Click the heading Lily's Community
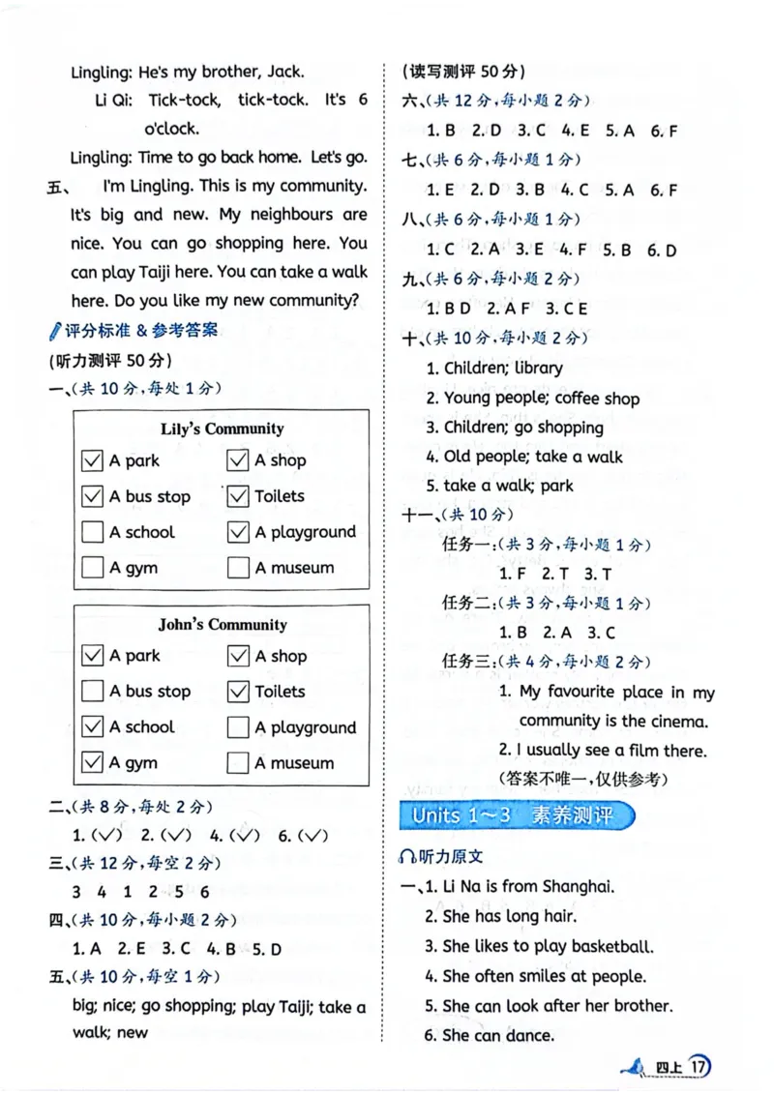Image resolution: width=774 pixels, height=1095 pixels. pyautogui.click(x=222, y=429)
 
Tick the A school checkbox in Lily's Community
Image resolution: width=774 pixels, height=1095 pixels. pyautogui.click(x=92, y=532)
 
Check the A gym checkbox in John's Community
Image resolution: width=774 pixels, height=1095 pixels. pyautogui.click(x=92, y=762)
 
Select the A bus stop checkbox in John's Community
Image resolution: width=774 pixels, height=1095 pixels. pyautogui.click(x=92, y=692)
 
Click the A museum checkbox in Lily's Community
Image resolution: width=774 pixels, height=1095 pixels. pyautogui.click(x=238, y=568)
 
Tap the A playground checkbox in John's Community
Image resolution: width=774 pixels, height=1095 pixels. pyautogui.click(x=238, y=727)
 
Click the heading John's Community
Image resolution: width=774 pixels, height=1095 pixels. pyautogui.click(x=222, y=624)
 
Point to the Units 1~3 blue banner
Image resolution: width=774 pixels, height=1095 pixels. pyautogui.click(x=517, y=814)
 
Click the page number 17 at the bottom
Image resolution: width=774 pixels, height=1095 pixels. pyautogui.click(x=699, y=1067)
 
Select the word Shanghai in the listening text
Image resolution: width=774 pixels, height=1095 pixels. pyautogui.click(x=578, y=885)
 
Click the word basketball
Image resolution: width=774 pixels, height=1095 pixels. pyautogui.click(x=612, y=946)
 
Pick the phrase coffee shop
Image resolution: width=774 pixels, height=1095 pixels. pyautogui.click(x=597, y=398)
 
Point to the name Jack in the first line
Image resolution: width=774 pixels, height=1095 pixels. pyautogui.click(x=286, y=71)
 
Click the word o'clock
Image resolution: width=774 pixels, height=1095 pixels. pyautogui.click(x=171, y=128)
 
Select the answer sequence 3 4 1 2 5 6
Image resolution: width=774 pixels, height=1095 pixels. pyautogui.click(x=140, y=892)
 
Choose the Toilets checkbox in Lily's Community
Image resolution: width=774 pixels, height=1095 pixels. pyautogui.click(x=238, y=496)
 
